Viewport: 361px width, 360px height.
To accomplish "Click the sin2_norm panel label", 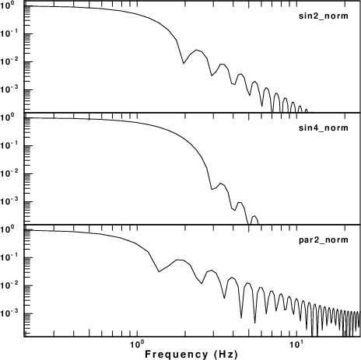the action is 324,16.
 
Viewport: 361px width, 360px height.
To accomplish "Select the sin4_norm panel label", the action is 324,128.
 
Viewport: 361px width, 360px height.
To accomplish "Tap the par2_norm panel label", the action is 324,239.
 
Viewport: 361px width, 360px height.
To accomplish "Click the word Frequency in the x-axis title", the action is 177,354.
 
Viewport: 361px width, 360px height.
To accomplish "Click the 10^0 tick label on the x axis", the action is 135,344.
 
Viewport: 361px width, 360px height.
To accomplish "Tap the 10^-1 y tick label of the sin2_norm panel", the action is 9,33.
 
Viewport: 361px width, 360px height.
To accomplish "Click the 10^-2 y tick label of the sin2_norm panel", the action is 9,61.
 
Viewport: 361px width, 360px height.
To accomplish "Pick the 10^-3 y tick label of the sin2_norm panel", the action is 9,89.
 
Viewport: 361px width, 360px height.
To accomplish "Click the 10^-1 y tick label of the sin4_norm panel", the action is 9,145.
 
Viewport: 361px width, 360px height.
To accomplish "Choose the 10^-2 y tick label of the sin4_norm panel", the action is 9,173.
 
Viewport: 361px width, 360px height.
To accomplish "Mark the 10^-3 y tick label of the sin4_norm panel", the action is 9,201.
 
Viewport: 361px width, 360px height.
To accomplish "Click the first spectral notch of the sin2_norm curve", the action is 184,63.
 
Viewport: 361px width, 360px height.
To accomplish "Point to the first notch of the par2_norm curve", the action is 159,271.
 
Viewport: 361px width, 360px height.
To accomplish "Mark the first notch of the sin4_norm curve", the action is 212,190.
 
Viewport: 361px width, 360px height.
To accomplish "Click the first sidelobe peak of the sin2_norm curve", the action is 196,50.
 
